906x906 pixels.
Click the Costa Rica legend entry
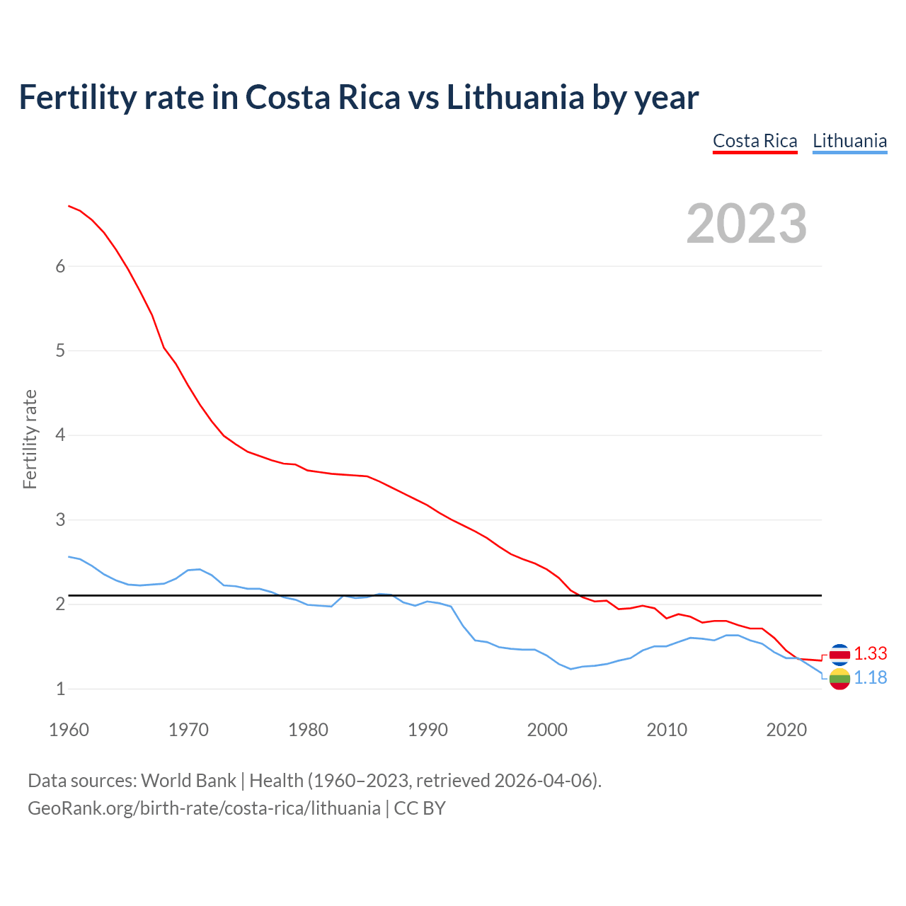point(755,141)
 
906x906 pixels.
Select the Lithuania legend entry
point(849,141)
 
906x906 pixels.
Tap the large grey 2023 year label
point(747,224)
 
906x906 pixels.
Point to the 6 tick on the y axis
point(60,266)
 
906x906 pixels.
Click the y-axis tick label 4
point(60,435)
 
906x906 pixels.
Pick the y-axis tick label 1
point(60,689)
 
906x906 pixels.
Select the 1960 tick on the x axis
point(69,730)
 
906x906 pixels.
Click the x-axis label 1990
point(428,730)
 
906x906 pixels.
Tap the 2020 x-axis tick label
point(786,730)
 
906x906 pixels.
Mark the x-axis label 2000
point(547,730)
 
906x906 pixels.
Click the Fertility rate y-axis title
point(30,439)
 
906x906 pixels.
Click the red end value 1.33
point(870,653)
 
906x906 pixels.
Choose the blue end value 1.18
point(870,677)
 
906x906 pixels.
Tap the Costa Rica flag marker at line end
point(839,654)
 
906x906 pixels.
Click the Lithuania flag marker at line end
point(839,679)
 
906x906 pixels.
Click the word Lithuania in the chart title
point(515,98)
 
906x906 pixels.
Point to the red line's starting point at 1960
point(69,206)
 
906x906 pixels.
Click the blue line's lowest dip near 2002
point(570,669)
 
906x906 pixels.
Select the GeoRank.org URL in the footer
point(204,808)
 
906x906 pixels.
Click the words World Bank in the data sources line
point(188,781)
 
